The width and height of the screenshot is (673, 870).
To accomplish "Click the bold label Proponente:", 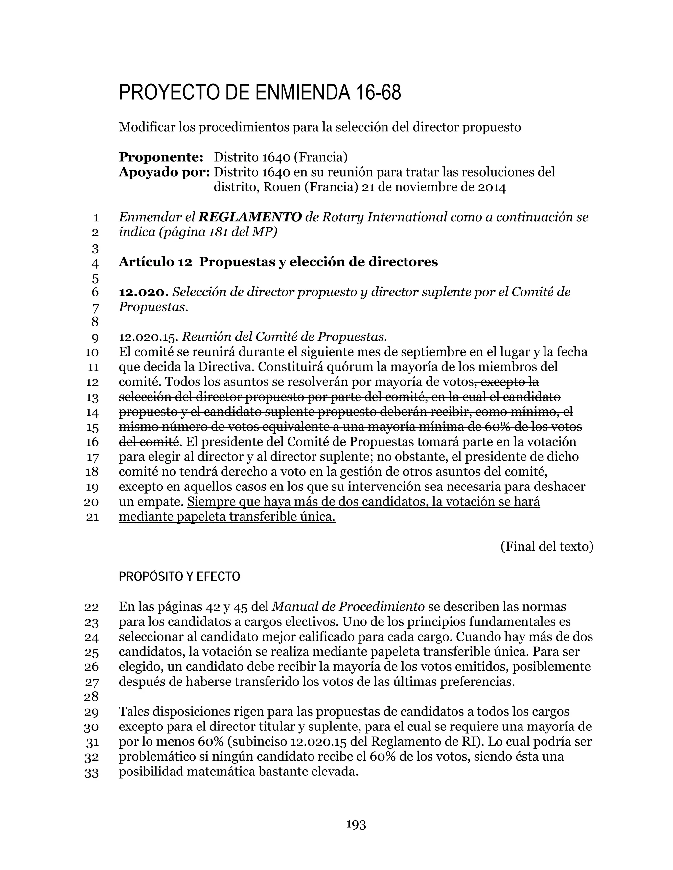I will [x=161, y=157].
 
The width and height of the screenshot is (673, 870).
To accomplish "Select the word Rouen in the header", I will [x=282, y=187].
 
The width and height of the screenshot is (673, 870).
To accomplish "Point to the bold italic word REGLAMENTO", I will [x=250, y=217].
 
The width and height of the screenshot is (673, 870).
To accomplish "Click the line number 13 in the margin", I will [x=92, y=398].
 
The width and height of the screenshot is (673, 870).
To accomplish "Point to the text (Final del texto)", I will [x=546, y=547].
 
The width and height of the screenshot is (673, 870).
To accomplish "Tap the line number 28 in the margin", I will [x=91, y=697].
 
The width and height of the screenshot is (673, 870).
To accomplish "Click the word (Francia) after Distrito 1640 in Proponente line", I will [x=320, y=157].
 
